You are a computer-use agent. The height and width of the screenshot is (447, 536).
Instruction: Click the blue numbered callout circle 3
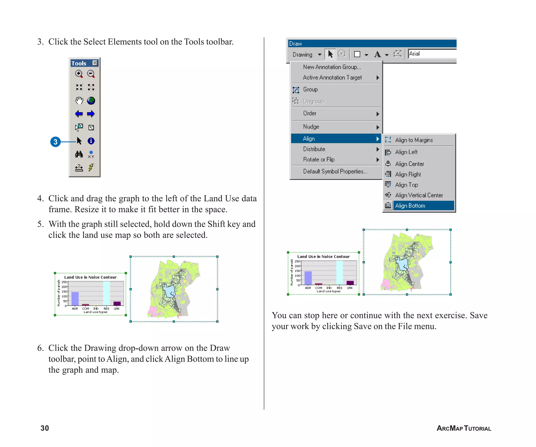(x=55, y=142)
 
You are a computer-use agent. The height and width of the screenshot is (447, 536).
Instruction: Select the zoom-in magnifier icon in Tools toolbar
(x=79, y=74)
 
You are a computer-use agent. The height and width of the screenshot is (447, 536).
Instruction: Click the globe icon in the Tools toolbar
(x=91, y=101)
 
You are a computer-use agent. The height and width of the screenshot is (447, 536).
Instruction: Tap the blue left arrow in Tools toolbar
(x=79, y=114)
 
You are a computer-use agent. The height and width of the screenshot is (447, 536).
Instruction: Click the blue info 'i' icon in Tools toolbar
(x=91, y=141)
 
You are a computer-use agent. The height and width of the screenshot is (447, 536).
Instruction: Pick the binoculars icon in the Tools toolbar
(x=79, y=154)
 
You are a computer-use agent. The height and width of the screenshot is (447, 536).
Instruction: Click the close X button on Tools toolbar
(x=95, y=63)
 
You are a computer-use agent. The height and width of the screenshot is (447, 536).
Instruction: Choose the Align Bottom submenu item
(x=410, y=206)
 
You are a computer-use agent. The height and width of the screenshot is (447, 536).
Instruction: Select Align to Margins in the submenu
(x=414, y=140)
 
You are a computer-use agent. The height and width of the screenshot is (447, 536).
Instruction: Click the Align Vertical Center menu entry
(x=419, y=195)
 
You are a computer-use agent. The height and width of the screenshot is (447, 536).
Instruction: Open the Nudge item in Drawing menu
(x=311, y=127)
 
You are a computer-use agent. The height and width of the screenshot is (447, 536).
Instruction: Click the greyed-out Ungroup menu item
(x=313, y=101)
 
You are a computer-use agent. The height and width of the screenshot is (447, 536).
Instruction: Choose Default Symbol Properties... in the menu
(x=335, y=171)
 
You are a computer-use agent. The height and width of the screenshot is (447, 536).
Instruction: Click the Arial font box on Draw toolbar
(x=432, y=54)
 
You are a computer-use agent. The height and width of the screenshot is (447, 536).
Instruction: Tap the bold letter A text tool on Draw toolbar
(x=377, y=54)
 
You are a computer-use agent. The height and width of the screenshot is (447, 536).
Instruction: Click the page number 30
(x=45, y=428)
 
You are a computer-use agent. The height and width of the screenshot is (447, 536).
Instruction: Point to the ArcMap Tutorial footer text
(x=464, y=428)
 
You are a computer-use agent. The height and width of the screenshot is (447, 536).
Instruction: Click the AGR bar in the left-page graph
(x=75, y=299)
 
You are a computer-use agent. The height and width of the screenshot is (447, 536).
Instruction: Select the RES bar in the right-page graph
(x=339, y=272)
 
